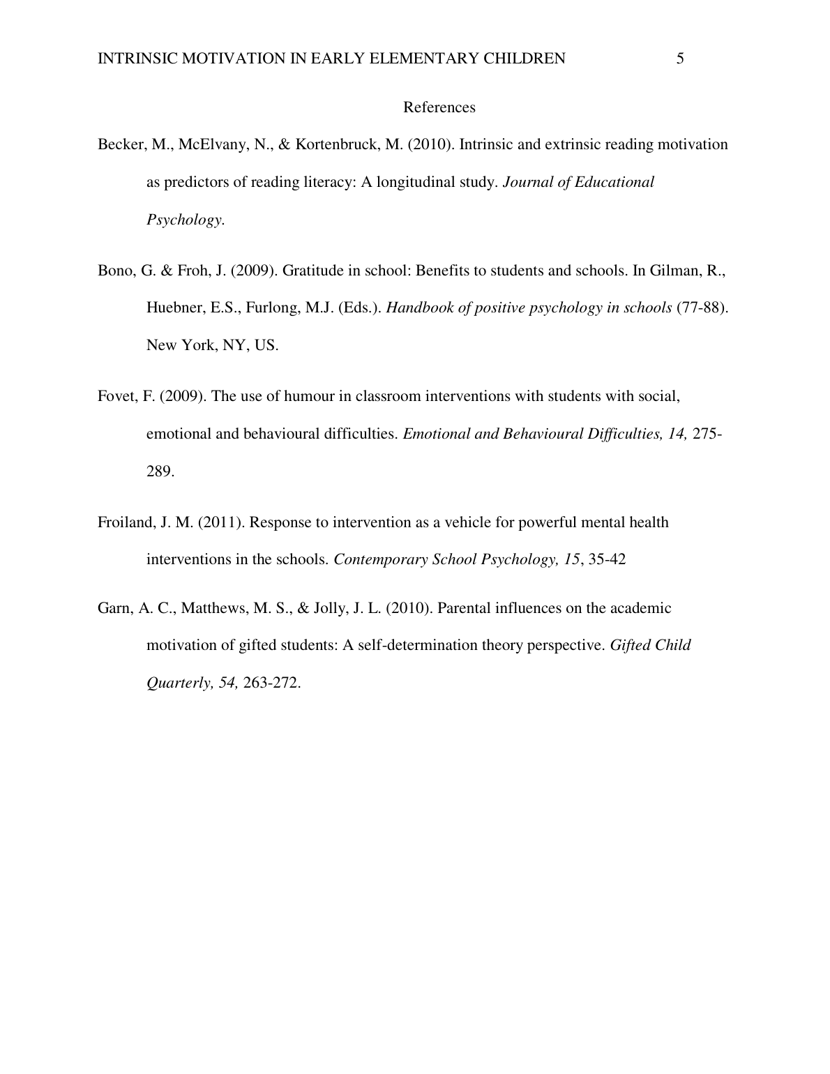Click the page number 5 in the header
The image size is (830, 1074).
pyautogui.click(x=680, y=59)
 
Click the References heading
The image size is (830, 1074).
pyautogui.click(x=439, y=107)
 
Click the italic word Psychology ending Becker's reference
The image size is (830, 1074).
pyautogui.click(x=185, y=220)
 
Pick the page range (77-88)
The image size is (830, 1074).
pyautogui.click(x=702, y=308)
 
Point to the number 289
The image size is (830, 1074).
pyautogui.click(x=160, y=471)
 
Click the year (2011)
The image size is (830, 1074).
pyautogui.click(x=221, y=522)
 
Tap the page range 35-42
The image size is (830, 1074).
pyautogui.click(x=607, y=559)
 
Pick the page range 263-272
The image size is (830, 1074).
pyautogui.click(x=272, y=683)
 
